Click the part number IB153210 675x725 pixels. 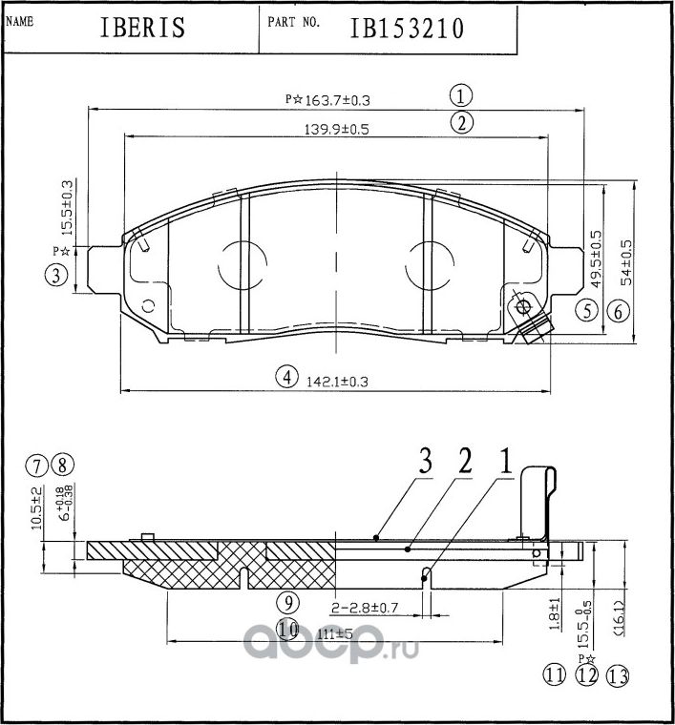407,28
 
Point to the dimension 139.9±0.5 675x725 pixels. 336,129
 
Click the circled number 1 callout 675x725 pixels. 461,95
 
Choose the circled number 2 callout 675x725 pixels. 461,122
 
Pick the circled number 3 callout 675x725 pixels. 56,277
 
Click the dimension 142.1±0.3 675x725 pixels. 336,380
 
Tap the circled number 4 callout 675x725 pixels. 285,377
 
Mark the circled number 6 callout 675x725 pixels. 618,310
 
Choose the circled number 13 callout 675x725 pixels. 619,676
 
